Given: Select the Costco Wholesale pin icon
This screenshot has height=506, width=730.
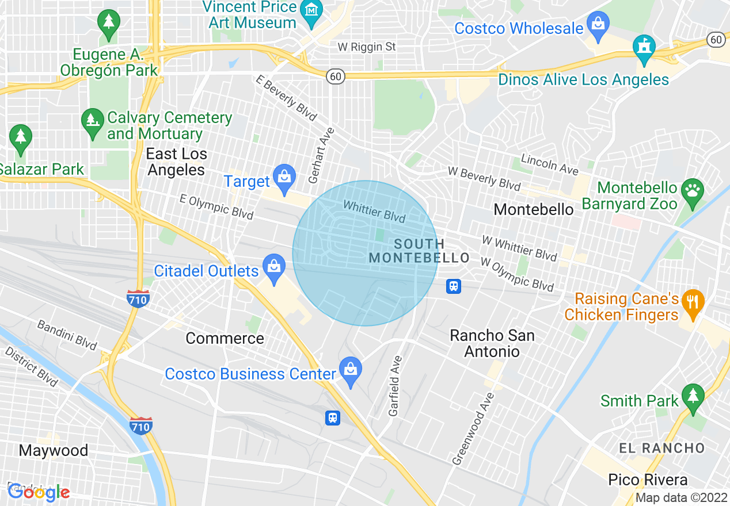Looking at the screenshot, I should pos(598,25).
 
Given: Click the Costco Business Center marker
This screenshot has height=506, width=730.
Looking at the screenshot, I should pos(350,369).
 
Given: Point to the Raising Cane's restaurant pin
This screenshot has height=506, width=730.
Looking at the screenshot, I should pos(693,302).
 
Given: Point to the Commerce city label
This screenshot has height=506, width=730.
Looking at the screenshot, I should pos(225,338).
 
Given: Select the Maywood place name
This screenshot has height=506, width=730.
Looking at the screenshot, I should pos(54,450).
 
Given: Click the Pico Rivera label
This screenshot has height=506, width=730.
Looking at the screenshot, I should pos(648,480).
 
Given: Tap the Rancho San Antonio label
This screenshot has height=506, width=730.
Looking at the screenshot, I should pos(492,343).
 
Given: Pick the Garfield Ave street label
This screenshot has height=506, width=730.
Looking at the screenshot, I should pos(396,385).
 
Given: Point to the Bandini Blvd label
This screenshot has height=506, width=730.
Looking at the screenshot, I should pos(66,335).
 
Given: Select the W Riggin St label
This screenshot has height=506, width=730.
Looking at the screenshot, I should pos(367,47).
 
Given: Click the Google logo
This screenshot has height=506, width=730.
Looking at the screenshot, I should pos(39,492).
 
